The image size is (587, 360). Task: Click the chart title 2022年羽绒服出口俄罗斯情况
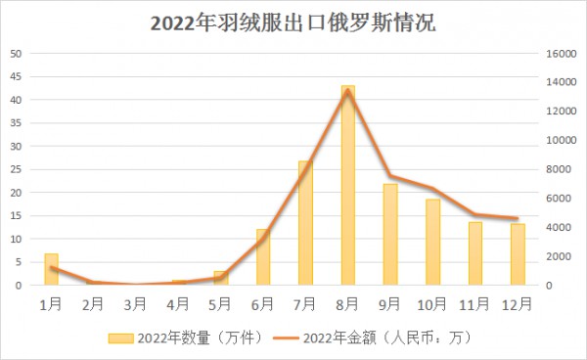point(293,22)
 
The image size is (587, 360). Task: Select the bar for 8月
point(347,186)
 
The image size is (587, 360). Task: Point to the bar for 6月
point(263,257)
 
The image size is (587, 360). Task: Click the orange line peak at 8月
point(347,91)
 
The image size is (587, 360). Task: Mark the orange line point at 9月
point(390,176)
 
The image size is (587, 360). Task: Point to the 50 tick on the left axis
point(16,53)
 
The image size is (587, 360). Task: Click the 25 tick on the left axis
point(16,169)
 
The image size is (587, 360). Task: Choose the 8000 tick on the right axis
point(557,169)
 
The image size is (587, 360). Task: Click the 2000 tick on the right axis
point(557,256)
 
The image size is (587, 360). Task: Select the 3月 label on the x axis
point(135,302)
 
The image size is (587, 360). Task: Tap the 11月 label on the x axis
point(474,302)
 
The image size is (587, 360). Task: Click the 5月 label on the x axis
point(220,302)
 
